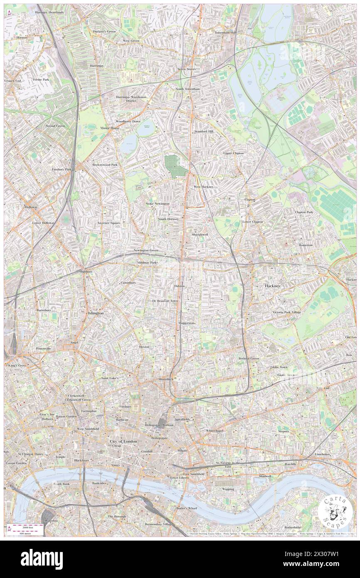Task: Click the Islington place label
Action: coord(95,313)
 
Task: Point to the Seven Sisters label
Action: coord(186,69)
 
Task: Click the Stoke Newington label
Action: coord(158,203)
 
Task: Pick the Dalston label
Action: coord(179,286)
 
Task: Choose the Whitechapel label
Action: coord(215,430)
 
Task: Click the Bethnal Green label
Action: coord(249,358)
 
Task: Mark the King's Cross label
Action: coord(17,365)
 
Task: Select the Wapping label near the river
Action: coord(228,489)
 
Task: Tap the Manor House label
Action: coord(110,128)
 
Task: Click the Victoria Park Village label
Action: coord(287,312)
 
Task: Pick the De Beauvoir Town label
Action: coord(165,300)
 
